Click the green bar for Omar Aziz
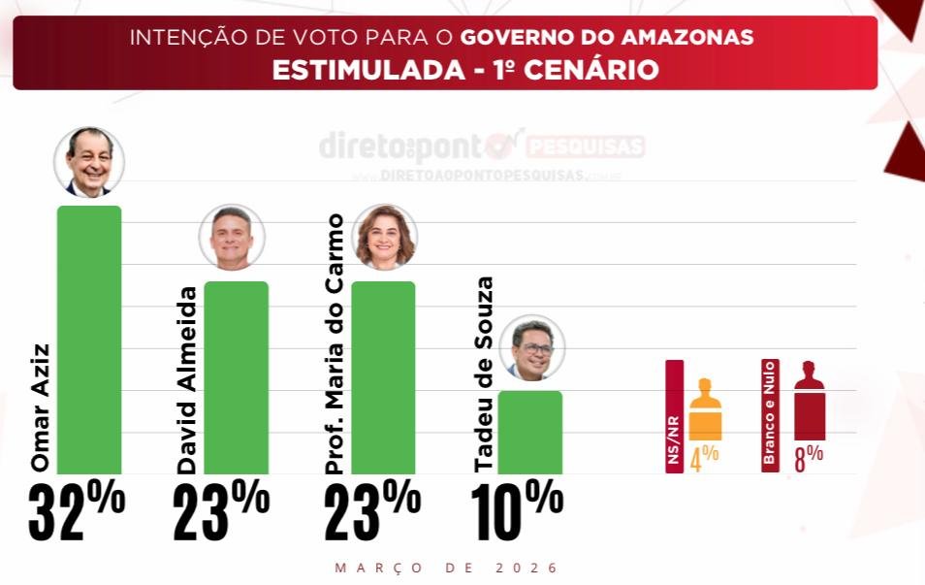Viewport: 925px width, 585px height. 89,340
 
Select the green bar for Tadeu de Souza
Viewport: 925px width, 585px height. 529,432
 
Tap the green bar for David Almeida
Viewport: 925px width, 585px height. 236,377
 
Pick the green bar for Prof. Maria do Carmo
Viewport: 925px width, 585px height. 383,377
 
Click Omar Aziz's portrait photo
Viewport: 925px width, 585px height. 89,162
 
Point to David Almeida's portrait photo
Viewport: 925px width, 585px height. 232,238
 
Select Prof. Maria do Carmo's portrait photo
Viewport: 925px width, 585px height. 385,237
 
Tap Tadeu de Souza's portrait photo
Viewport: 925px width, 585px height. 532,347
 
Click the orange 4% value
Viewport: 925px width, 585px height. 704,457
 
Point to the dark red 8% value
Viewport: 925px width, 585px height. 809,457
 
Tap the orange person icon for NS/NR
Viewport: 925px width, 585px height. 705,409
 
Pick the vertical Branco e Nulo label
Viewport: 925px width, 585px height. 771,416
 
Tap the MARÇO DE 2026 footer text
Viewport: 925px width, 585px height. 447,568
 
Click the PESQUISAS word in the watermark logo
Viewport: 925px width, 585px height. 586,147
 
